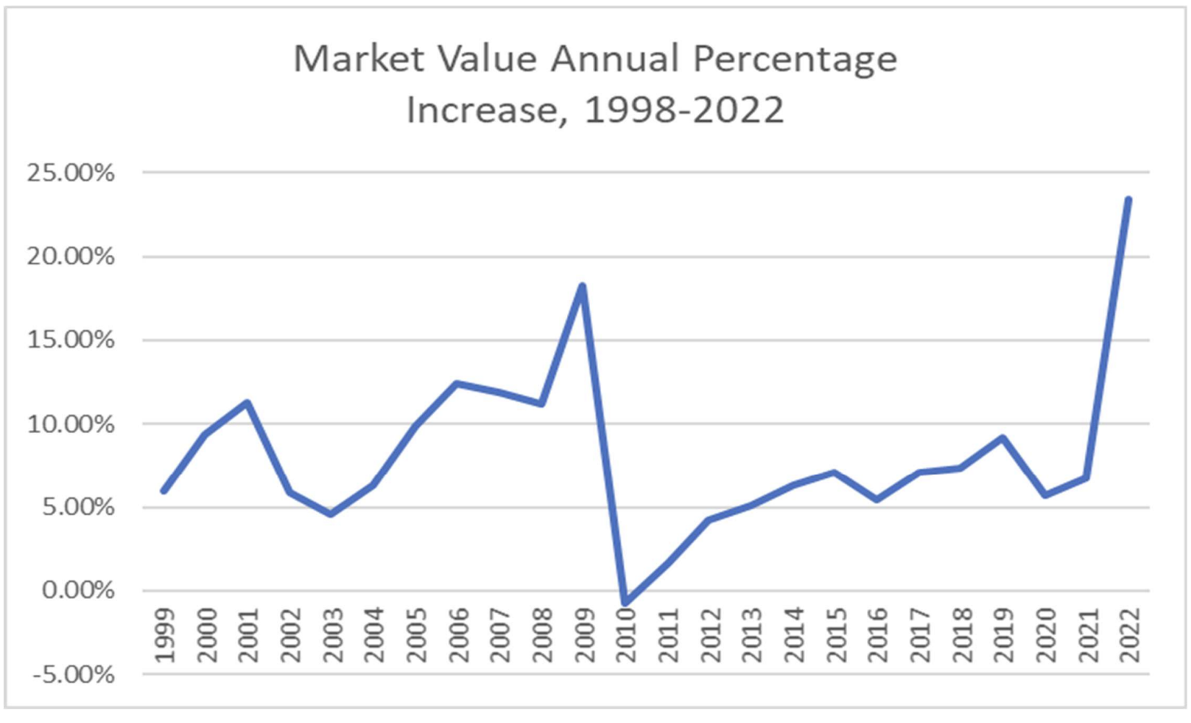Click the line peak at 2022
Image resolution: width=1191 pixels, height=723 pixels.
tap(1127, 200)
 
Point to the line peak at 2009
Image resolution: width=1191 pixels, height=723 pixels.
tap(583, 286)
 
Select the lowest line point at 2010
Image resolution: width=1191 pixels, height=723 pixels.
tap(625, 603)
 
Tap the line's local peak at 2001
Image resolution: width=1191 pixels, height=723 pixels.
tap(248, 403)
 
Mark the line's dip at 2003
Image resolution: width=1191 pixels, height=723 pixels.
tap(331, 514)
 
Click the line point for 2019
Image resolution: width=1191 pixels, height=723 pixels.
tap(1002, 438)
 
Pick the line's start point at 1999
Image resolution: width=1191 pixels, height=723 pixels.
tap(164, 490)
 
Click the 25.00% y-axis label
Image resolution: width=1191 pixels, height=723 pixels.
tap(71, 173)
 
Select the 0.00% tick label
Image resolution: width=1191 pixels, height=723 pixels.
tap(78, 591)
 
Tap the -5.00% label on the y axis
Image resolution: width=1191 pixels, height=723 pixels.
tap(73, 675)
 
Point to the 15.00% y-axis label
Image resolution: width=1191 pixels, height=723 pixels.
tap(71, 340)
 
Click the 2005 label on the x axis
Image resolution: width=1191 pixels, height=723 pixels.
tap(416, 635)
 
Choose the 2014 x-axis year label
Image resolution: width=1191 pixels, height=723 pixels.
tap(794, 635)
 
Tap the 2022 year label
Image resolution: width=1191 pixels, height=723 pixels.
tap(1129, 635)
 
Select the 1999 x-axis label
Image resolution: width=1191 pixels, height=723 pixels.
tap(165, 635)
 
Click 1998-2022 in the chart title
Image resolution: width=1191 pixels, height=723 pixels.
tap(685, 110)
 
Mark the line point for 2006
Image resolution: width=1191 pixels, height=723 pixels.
tap(457, 384)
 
